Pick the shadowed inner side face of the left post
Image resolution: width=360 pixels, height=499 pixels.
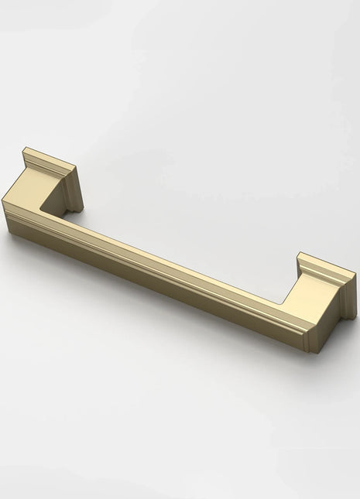tap(58, 197)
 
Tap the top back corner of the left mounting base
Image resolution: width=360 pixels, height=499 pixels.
tap(25, 149)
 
